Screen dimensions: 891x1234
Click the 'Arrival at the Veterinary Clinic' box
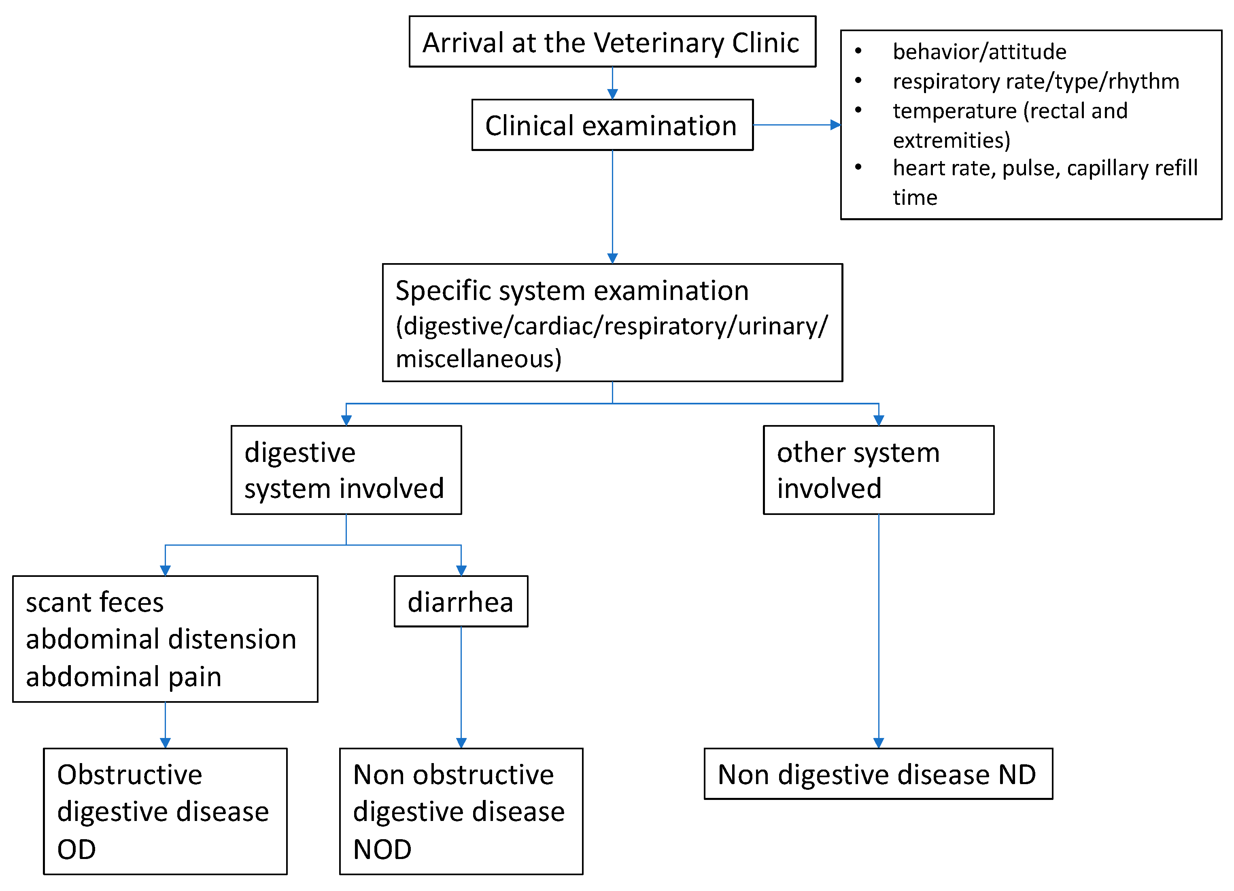click(x=612, y=42)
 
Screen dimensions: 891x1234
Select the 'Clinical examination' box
click(x=612, y=125)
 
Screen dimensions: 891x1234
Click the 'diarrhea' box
click(x=461, y=602)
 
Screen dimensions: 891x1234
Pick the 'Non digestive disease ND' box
click(x=877, y=774)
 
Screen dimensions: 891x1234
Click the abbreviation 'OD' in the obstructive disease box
click(x=76, y=849)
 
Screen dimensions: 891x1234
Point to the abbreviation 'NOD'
click(x=382, y=849)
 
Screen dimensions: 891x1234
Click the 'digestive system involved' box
click(x=346, y=470)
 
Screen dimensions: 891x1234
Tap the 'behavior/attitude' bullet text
click(x=979, y=52)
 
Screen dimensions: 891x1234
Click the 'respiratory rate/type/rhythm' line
click(x=1035, y=81)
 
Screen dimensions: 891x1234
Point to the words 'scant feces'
click(x=95, y=602)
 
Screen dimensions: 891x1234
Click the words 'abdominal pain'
click(x=123, y=676)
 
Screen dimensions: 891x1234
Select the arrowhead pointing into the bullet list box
click(x=835, y=125)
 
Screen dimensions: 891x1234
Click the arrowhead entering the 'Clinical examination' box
click(x=612, y=94)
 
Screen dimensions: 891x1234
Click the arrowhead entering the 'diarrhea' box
click(x=461, y=570)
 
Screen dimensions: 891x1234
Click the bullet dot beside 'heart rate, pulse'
click(x=858, y=167)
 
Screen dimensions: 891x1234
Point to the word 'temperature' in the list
click(x=954, y=111)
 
